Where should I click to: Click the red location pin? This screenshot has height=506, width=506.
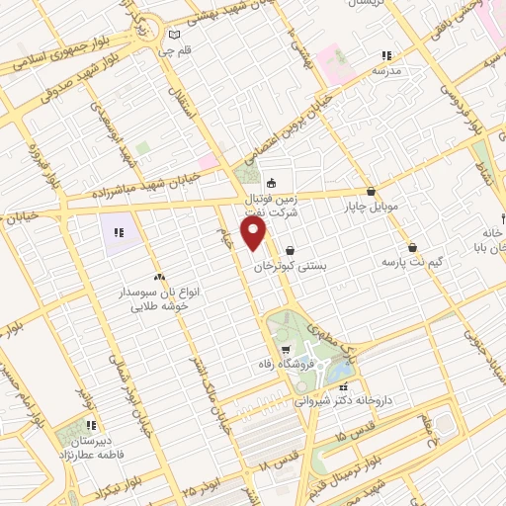pos(255,232)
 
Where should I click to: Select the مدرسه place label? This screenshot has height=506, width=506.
pos(385,71)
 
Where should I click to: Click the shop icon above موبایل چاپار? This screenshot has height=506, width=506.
pos(371,192)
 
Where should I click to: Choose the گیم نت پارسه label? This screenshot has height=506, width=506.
pos(409,264)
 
